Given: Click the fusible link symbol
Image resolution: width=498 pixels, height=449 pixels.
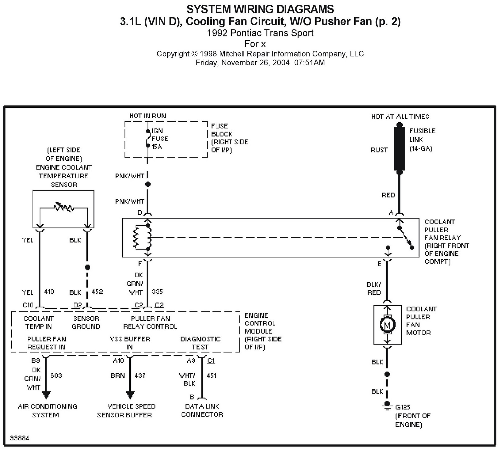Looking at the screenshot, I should pyautogui.click(x=399, y=148).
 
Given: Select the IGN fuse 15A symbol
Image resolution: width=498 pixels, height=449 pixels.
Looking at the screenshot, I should pyautogui.click(x=147, y=138).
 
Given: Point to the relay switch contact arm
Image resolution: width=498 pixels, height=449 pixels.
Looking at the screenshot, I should pyautogui.click(x=406, y=238).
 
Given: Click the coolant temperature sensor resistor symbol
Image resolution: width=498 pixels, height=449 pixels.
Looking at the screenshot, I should pyautogui.click(x=64, y=207).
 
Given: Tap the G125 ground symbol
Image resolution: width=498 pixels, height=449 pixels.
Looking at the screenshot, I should pyautogui.click(x=387, y=405).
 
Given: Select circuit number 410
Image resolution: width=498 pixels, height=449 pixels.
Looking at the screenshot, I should pyautogui.click(x=49, y=292).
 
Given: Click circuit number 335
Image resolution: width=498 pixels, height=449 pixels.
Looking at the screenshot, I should pyautogui.click(x=157, y=292).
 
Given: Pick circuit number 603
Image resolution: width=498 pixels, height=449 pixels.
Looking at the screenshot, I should pyautogui.click(x=56, y=376).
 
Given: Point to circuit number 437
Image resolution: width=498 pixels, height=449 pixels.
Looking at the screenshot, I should pyautogui.click(x=140, y=376).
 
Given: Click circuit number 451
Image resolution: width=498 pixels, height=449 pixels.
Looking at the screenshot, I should pyautogui.click(x=211, y=376).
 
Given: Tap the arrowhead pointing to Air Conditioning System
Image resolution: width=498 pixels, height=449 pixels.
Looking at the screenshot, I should pyautogui.click(x=46, y=395).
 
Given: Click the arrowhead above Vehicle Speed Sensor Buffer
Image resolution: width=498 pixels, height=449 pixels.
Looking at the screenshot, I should pyautogui.click(x=130, y=395).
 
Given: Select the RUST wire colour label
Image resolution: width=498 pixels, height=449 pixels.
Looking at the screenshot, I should pyautogui.click(x=379, y=150).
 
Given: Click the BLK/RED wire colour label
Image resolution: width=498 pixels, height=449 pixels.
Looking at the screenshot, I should pyautogui.click(x=374, y=288).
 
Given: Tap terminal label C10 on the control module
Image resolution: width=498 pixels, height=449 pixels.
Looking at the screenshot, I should pyautogui.click(x=28, y=305).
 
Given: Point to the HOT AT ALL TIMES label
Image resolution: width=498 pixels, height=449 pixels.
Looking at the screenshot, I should pyautogui.click(x=400, y=117).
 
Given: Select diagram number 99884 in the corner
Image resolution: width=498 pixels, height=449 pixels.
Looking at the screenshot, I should pyautogui.click(x=20, y=438).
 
